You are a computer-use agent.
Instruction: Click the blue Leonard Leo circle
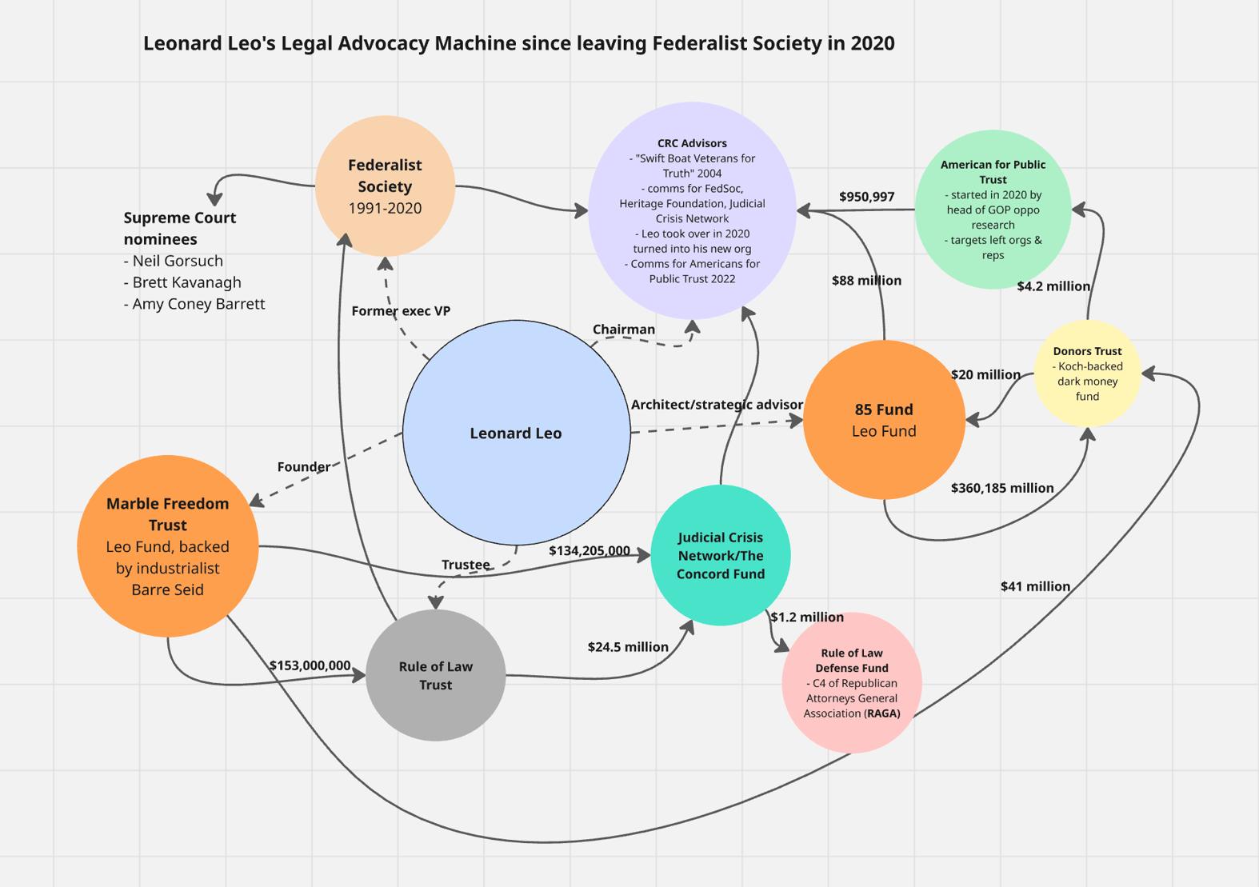point(516,433)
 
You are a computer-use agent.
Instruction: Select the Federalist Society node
point(385,186)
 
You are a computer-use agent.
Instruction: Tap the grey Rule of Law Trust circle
point(435,675)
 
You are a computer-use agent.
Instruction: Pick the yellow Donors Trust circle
point(1086,373)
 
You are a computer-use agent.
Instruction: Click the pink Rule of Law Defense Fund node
point(851,682)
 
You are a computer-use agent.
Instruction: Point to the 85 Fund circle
point(883,420)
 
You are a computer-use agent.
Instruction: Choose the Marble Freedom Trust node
point(167,546)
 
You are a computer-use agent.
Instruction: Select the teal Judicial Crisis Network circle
point(720,555)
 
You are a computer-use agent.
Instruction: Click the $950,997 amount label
point(866,197)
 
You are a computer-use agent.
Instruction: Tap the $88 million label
point(866,281)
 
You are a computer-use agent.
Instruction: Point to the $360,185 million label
point(1001,488)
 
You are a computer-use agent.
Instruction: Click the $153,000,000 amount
point(310,665)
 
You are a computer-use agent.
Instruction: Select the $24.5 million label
point(628,647)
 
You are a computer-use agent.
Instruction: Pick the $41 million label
point(1035,586)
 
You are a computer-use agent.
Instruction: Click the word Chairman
point(623,330)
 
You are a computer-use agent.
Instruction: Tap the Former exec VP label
point(401,311)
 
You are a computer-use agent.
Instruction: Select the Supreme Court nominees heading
point(179,228)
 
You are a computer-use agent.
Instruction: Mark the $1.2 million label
point(807,617)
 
